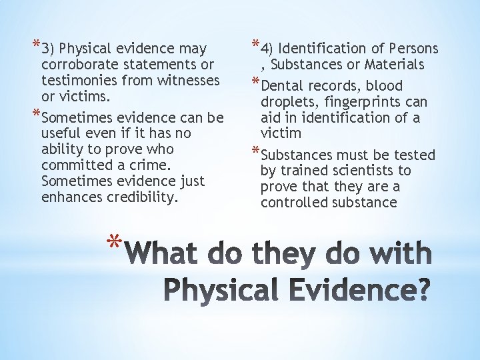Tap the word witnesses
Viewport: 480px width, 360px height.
pos(186,81)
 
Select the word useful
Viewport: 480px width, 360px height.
pos(59,133)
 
